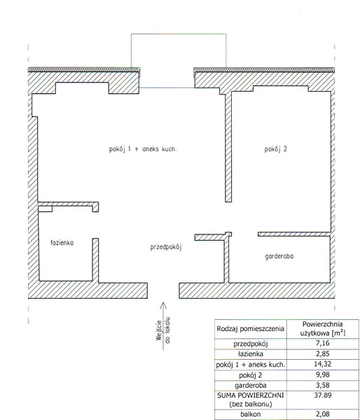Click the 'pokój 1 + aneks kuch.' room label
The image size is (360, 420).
[x=143, y=149]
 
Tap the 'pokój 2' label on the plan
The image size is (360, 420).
[x=275, y=149]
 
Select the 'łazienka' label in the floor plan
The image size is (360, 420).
[x=62, y=243]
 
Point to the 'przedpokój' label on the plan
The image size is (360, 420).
[x=166, y=247]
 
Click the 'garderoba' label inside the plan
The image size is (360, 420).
[x=279, y=256]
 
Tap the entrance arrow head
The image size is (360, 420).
[x=163, y=306]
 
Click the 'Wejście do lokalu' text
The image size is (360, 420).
[x=163, y=330]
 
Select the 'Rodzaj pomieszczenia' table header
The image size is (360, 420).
[x=250, y=329]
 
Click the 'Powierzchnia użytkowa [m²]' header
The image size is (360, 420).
[x=323, y=329]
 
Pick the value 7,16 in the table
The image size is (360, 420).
[x=323, y=344]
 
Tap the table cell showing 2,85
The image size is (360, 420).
[x=323, y=353]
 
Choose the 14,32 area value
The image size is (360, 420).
[x=323, y=364]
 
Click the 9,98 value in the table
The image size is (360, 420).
[x=323, y=374]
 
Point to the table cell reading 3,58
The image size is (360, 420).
[x=323, y=385]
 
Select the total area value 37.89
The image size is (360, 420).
[x=323, y=395]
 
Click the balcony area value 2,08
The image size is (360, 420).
[x=323, y=414]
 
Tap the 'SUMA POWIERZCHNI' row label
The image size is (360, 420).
[x=251, y=395]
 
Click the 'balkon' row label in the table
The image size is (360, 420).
[x=251, y=414]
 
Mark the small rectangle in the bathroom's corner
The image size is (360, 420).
[x=45, y=209]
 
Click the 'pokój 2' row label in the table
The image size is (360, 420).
[x=251, y=375]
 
